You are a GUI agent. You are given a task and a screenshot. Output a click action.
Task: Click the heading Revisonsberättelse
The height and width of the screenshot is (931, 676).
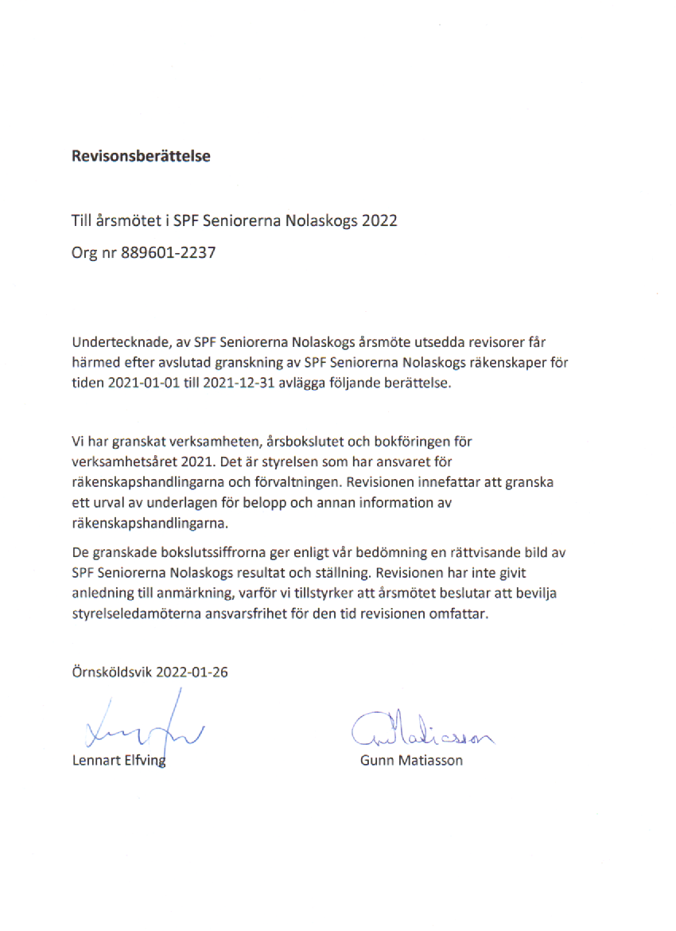(141, 156)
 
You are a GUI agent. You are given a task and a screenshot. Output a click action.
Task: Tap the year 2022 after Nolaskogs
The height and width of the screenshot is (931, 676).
(379, 221)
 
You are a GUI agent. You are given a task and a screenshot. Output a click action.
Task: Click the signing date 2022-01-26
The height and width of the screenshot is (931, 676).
(192, 671)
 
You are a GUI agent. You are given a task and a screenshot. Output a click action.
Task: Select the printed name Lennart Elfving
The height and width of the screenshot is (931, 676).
(118, 760)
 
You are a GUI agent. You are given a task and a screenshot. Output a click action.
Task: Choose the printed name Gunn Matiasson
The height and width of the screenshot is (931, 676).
(411, 760)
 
